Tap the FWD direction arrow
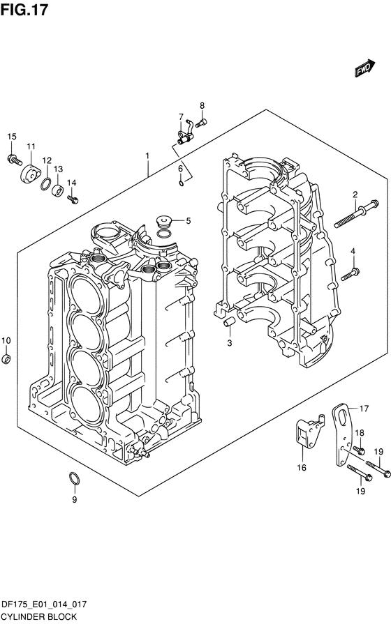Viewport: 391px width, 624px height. coord(364,68)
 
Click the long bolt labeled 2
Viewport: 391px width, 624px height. coord(356,214)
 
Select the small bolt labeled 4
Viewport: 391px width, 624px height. coord(351,274)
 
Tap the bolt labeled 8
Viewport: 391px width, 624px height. coord(201,123)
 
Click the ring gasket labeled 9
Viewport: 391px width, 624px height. coord(75,478)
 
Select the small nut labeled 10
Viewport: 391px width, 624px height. coord(6,358)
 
